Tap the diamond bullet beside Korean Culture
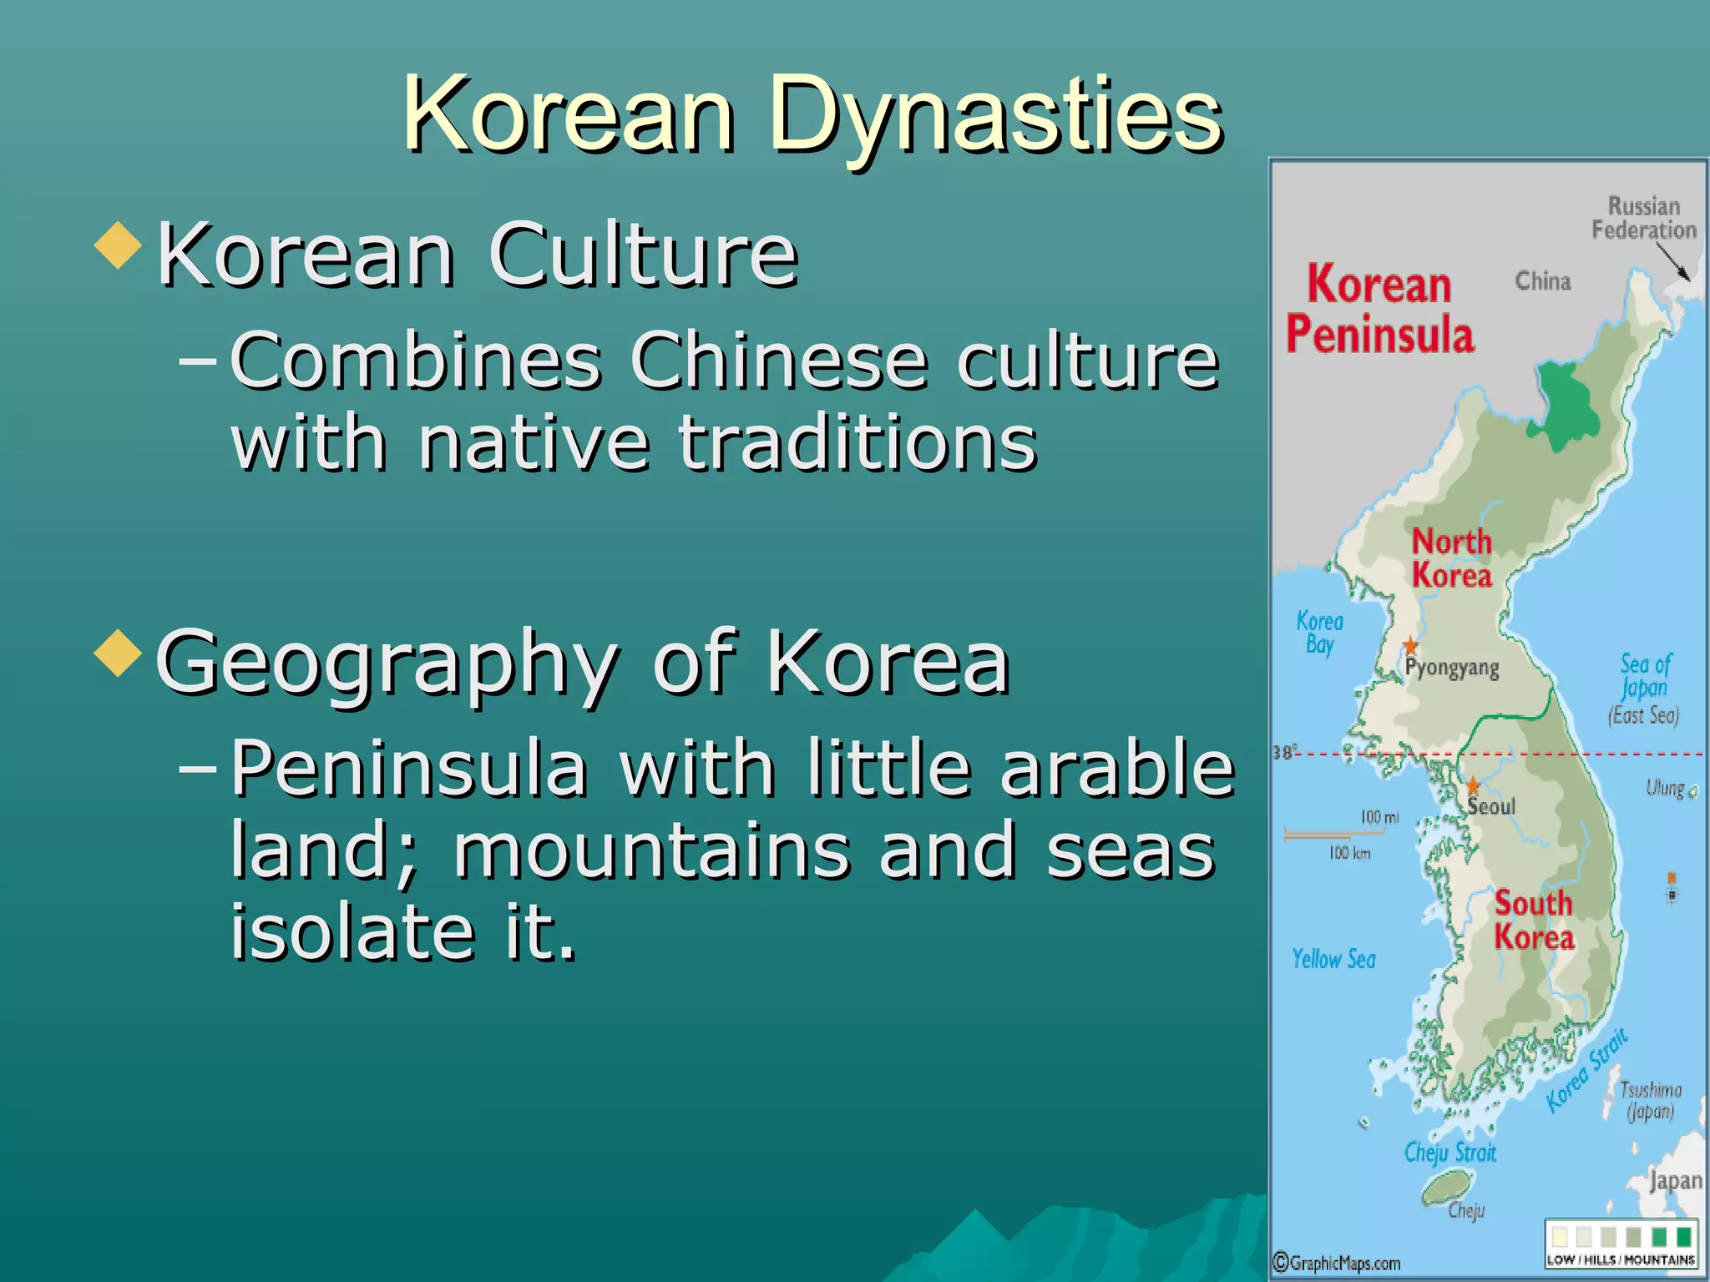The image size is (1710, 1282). click(x=119, y=245)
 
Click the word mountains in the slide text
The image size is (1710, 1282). click(x=648, y=850)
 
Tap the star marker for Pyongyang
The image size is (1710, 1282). click(x=1410, y=645)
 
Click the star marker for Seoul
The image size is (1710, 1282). click(x=1473, y=785)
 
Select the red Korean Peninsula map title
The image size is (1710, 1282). click(x=1380, y=310)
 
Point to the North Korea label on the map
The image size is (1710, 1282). click(x=1451, y=558)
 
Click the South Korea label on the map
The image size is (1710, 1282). click(x=1534, y=920)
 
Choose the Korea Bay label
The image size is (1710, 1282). click(x=1320, y=633)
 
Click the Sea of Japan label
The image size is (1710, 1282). click(x=1644, y=688)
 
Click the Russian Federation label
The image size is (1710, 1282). click(x=1643, y=218)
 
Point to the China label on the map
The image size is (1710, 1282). click(x=1543, y=281)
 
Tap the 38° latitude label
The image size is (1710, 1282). click(x=1283, y=753)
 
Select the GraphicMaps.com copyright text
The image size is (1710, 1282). click(x=1336, y=1263)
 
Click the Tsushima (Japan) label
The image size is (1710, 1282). click(x=1650, y=1100)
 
